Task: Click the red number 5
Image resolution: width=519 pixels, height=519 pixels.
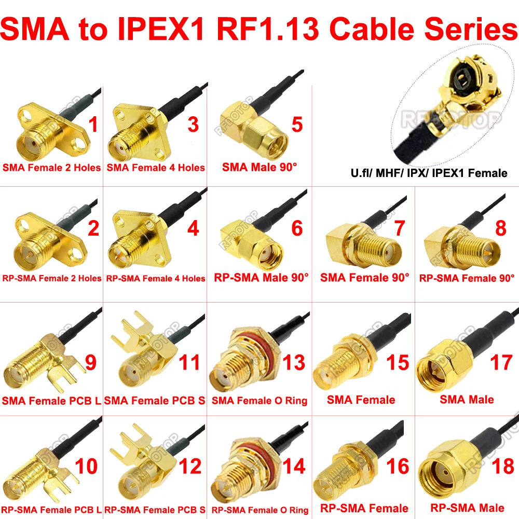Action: coord(297,125)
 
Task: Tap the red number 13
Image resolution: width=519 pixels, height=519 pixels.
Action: coord(294,362)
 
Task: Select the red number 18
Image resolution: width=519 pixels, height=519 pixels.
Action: coord(503,466)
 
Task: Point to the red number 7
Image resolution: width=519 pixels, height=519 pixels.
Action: coord(400,228)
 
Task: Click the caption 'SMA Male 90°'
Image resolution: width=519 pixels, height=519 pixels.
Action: coord(259,167)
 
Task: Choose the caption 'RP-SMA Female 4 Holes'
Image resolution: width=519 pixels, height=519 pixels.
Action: coord(156,278)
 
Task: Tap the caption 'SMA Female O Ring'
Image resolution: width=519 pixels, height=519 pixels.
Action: coord(259,401)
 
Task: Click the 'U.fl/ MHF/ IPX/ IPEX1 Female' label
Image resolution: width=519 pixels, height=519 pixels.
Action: coord(429,173)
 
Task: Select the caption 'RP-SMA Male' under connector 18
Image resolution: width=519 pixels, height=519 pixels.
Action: coord(467,508)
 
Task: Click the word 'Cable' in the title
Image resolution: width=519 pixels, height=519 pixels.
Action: coord(372,29)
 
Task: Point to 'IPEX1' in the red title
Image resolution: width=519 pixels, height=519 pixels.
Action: coord(161,29)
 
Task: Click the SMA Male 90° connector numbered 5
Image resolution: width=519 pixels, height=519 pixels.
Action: coord(254,132)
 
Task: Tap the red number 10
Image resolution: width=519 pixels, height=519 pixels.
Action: coord(86,466)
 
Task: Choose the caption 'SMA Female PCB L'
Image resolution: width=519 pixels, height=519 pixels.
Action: coord(51,401)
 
